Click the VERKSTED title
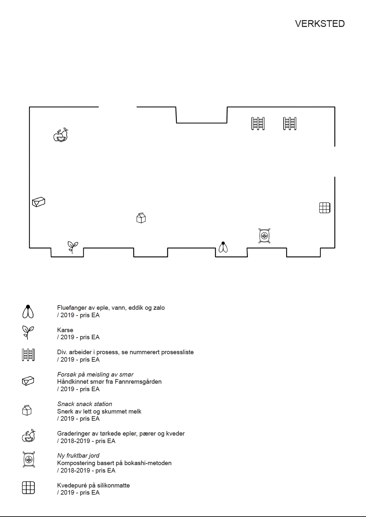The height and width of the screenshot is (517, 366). click(x=320, y=24)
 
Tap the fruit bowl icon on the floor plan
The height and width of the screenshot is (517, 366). click(x=61, y=135)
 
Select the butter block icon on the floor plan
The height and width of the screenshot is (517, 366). click(x=39, y=202)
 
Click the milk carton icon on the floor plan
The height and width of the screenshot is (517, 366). click(x=141, y=218)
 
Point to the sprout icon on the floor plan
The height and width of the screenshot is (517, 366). click(x=73, y=247)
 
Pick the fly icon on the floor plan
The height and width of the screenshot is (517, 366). click(x=223, y=247)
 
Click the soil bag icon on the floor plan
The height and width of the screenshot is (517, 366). click(x=264, y=236)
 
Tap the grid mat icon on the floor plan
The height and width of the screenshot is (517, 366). click(x=324, y=208)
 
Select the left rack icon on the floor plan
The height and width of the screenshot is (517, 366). click(x=258, y=124)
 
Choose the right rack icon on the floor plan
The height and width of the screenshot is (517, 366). click(x=290, y=124)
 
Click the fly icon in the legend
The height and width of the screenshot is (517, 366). click(x=28, y=311)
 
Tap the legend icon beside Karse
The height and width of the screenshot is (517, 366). click(x=28, y=332)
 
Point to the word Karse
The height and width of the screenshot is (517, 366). click(x=65, y=330)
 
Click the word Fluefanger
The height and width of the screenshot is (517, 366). click(x=72, y=308)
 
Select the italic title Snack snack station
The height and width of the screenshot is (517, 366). click(x=85, y=404)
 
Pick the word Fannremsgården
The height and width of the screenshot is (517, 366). click(x=138, y=382)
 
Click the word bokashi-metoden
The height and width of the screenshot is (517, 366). click(x=148, y=463)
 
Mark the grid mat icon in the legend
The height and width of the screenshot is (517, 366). click(x=28, y=487)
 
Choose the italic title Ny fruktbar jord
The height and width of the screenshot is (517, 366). click(x=78, y=456)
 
